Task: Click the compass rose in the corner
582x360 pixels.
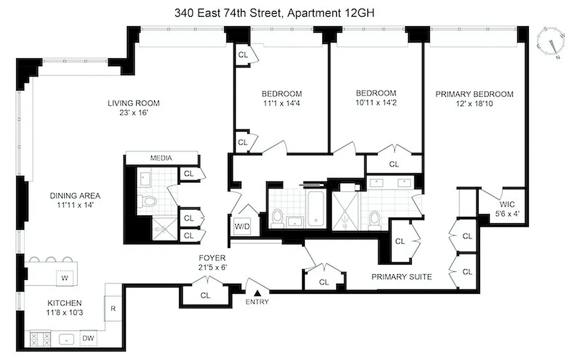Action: click(x=554, y=43)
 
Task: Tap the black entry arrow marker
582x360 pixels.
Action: click(x=256, y=293)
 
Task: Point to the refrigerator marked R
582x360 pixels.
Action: click(x=113, y=309)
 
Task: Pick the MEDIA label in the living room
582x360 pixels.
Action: click(x=161, y=158)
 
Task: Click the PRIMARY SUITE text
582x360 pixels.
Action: click(x=402, y=277)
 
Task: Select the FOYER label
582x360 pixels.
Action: click(x=212, y=258)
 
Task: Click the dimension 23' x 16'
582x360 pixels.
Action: click(x=131, y=114)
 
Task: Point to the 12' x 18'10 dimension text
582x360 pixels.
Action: click(x=474, y=104)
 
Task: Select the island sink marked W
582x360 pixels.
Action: click(x=64, y=278)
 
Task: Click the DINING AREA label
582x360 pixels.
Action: click(x=75, y=196)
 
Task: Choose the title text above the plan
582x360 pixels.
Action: click(x=275, y=13)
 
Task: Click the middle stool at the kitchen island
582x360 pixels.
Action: click(x=51, y=259)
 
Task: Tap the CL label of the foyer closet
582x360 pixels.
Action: click(x=205, y=296)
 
